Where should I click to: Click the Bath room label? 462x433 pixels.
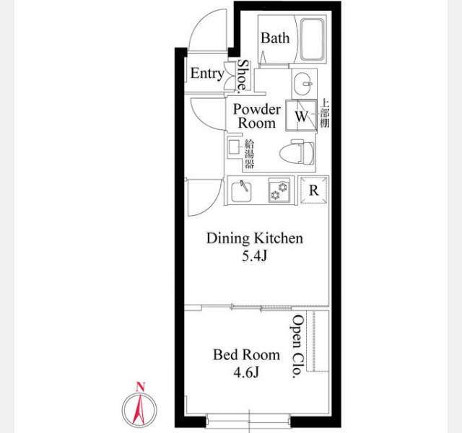click(275, 38)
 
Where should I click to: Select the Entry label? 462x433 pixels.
click(207, 73)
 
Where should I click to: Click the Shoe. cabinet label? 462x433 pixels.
click(243, 76)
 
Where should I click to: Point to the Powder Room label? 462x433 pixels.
click(257, 116)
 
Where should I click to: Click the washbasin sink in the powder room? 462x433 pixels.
click(304, 84)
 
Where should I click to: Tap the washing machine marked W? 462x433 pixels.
click(301, 115)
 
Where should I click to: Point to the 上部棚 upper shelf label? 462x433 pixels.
click(325, 113)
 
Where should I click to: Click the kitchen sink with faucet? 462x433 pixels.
click(241, 191)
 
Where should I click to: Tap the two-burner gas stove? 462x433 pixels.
click(279, 190)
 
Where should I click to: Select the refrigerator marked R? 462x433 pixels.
click(313, 191)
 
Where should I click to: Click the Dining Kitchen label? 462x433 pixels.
click(255, 238)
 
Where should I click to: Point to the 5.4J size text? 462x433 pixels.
click(255, 257)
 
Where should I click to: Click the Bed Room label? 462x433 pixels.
click(246, 354)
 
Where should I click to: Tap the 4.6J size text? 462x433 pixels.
click(246, 373)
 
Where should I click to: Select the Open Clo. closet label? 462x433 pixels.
click(298, 346)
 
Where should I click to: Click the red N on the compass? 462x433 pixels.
click(141, 387)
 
